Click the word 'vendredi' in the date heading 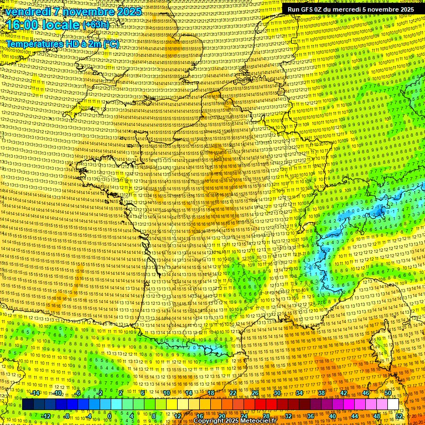click(x=25, y=12)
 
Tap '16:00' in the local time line click(x=22, y=25)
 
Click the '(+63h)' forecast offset click(x=96, y=25)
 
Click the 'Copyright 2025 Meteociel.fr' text click(x=235, y=421)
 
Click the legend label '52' click(x=399, y=416)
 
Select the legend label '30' click(x=277, y=393)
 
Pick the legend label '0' click(x=110, y=416)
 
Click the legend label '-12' click(x=45, y=416)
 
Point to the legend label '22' click(x=233, y=393)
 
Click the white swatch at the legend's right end click(x=393, y=405)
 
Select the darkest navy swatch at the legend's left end click(x=28, y=405)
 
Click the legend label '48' click(x=377, y=416)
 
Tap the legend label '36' click(x=310, y=416)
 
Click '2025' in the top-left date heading click(x=128, y=12)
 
